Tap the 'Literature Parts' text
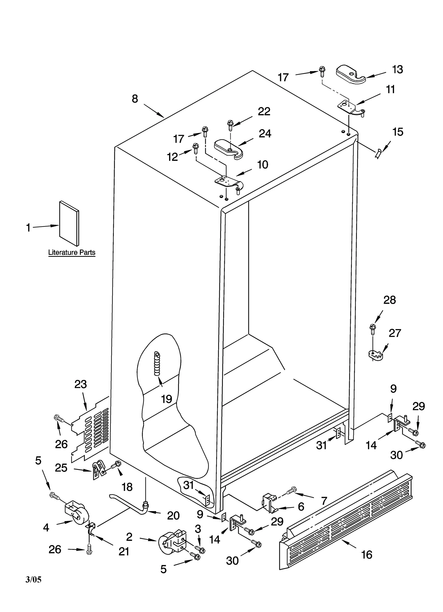[72, 252]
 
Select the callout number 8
[135, 99]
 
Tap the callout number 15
[398, 132]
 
